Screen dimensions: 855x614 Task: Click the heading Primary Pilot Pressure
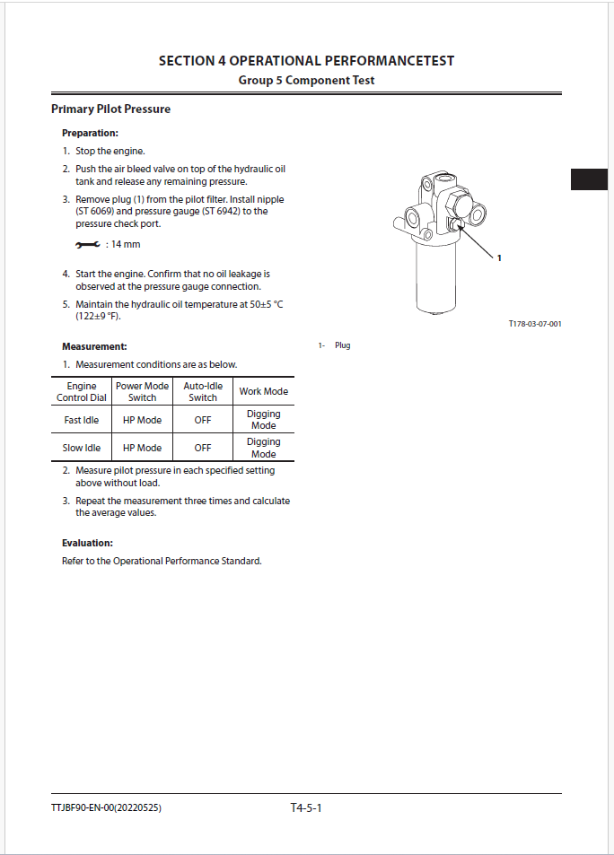click(110, 109)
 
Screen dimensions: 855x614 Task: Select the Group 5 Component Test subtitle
click(306, 80)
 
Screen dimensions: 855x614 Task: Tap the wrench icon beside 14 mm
click(88, 245)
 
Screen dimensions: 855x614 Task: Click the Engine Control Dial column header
click(82, 392)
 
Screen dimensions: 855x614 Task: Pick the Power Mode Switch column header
click(143, 392)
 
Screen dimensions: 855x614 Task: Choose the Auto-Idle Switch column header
click(203, 392)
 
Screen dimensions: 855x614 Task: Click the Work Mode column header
click(263, 392)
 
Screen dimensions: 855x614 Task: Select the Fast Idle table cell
click(82, 420)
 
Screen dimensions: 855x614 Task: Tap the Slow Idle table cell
click(82, 448)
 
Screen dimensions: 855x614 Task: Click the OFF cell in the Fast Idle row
click(203, 420)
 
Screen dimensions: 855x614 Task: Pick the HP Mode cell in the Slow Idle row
click(143, 448)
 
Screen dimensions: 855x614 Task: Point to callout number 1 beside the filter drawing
click(499, 258)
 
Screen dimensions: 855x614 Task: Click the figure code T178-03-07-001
click(534, 324)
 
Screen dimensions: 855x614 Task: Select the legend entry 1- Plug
click(334, 345)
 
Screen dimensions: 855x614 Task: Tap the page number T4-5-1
click(306, 808)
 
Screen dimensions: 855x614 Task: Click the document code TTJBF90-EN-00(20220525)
click(107, 808)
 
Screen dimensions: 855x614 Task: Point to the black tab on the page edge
click(589, 179)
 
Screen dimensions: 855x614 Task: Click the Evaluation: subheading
click(87, 543)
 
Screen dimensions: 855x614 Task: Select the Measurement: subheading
click(94, 346)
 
